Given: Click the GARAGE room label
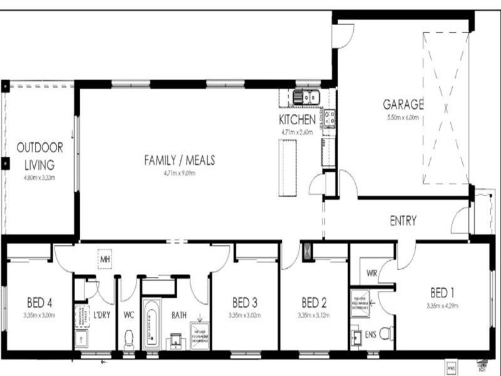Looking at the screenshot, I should [403, 104].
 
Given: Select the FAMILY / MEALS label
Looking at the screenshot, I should [179, 160].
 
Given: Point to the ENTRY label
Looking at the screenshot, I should [403, 221].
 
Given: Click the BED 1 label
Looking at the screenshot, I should [443, 293].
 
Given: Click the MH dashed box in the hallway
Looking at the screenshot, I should [104, 258].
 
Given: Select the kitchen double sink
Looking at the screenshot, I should [307, 97].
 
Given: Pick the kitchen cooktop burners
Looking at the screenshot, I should [329, 116].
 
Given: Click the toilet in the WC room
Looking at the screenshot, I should [130, 339].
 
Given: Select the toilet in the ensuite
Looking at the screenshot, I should [385, 333].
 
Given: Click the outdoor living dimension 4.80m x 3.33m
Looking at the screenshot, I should [39, 177].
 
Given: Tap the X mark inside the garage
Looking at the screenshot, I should [446, 107].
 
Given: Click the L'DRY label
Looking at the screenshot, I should [101, 314].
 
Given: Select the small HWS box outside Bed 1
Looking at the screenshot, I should [451, 365].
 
